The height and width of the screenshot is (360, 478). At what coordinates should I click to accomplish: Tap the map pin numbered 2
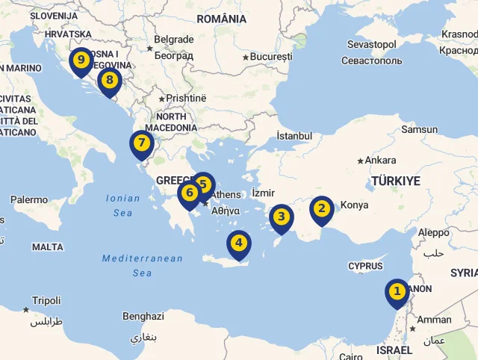(321, 208)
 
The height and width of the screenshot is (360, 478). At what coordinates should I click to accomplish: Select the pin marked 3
(281, 217)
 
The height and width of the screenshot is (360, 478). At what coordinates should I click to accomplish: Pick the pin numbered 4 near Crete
(239, 243)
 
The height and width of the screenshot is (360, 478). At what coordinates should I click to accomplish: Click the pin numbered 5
(202, 184)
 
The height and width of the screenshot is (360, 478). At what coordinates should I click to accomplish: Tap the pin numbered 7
(141, 143)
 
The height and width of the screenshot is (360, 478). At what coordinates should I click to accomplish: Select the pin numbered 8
(110, 81)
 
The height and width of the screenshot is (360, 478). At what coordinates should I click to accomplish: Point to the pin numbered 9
(81, 60)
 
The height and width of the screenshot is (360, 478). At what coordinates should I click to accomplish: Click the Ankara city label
(380, 160)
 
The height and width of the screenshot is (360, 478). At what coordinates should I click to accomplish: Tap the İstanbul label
(294, 136)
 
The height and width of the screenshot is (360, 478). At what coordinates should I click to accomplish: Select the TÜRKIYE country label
(396, 181)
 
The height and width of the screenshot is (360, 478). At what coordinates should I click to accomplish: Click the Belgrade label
(173, 40)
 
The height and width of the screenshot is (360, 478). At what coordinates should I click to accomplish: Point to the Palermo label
(29, 200)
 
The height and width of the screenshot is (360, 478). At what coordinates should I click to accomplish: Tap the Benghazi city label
(143, 316)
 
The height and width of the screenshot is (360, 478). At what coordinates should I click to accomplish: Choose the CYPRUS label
(365, 266)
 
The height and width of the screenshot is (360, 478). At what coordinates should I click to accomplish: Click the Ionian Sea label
(122, 205)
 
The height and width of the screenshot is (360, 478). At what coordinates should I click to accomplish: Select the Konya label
(354, 205)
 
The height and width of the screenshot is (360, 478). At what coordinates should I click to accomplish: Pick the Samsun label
(419, 129)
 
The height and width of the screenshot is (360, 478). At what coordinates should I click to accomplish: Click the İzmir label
(264, 193)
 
